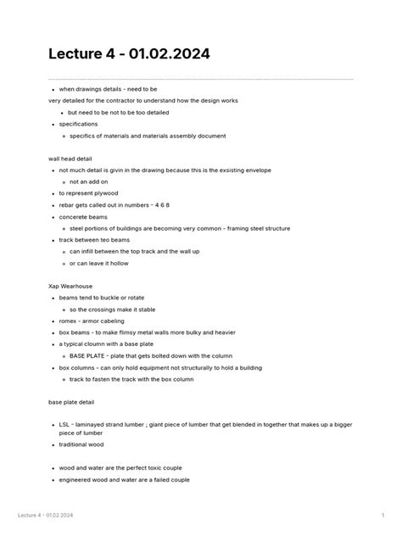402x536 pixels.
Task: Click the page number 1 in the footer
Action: [x=382, y=515]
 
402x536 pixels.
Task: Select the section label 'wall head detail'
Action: [x=70, y=159]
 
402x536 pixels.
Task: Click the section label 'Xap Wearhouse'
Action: [x=70, y=286]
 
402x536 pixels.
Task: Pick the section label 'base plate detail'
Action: [x=71, y=401]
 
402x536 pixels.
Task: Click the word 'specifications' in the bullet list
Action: [x=78, y=124]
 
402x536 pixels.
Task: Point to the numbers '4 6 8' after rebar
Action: [x=160, y=204]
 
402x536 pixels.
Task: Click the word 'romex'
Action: [x=69, y=321]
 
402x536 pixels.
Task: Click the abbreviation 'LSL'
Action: [x=64, y=424]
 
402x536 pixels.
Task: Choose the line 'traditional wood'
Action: [x=81, y=444]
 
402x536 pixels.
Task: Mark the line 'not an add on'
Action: [x=89, y=181]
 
